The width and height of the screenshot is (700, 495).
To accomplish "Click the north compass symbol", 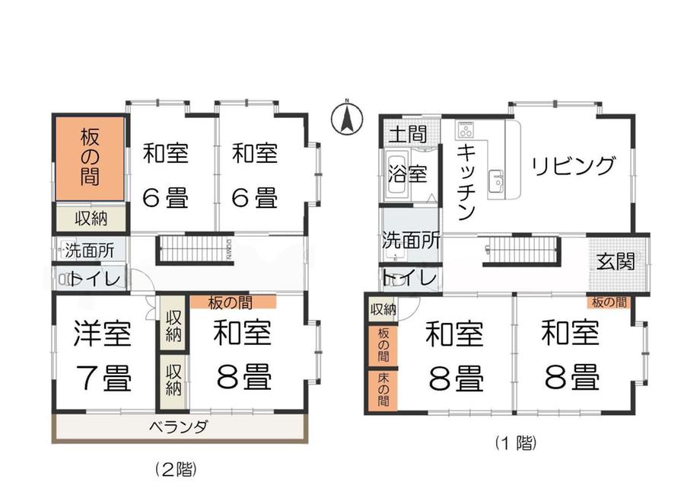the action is point(347,119).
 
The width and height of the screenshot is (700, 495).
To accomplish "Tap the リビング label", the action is point(573,166).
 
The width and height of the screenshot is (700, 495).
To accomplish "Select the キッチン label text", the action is point(466,182).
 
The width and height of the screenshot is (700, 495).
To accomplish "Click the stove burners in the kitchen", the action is point(466,130).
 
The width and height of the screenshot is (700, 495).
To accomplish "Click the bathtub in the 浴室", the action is point(396,174).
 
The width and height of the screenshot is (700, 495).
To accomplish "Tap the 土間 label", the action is point(408,133).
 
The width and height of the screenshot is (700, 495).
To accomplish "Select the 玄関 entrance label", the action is point(616,261).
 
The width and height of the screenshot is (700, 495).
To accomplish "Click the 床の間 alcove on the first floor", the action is point(383,390).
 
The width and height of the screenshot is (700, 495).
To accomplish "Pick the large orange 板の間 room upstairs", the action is point(90,158).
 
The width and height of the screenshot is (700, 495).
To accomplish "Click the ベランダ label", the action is point(178,427).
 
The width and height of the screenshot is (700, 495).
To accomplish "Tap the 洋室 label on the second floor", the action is point(103,334).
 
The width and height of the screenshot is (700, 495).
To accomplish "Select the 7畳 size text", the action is point(103,378).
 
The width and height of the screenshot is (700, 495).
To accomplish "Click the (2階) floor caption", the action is point(176,469).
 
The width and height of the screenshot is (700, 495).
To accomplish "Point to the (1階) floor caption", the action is point(516,442).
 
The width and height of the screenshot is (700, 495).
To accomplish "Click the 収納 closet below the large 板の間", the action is point(91,218).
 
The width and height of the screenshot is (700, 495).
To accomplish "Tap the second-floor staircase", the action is point(195,249).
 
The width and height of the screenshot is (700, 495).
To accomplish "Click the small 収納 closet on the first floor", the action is point(383,309).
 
